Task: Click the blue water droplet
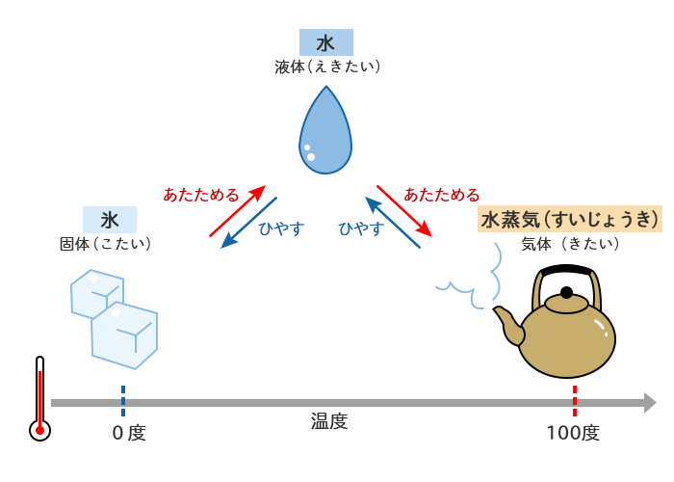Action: point(325,135)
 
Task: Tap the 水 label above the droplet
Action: point(325,42)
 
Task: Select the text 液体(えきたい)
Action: point(327,67)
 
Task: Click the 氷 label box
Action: point(110,220)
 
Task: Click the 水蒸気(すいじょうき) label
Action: point(570,219)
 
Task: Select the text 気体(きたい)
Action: point(570,243)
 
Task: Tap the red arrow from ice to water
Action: point(237,210)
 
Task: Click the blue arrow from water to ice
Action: point(248,223)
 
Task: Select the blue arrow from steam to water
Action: point(393,223)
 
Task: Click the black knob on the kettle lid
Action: point(566,292)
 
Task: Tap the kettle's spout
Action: point(507,323)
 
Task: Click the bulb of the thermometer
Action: point(39,430)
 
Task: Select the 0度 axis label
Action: point(128,433)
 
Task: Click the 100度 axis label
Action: point(573,433)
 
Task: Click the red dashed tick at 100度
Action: point(575,397)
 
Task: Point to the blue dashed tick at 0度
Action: point(123,397)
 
